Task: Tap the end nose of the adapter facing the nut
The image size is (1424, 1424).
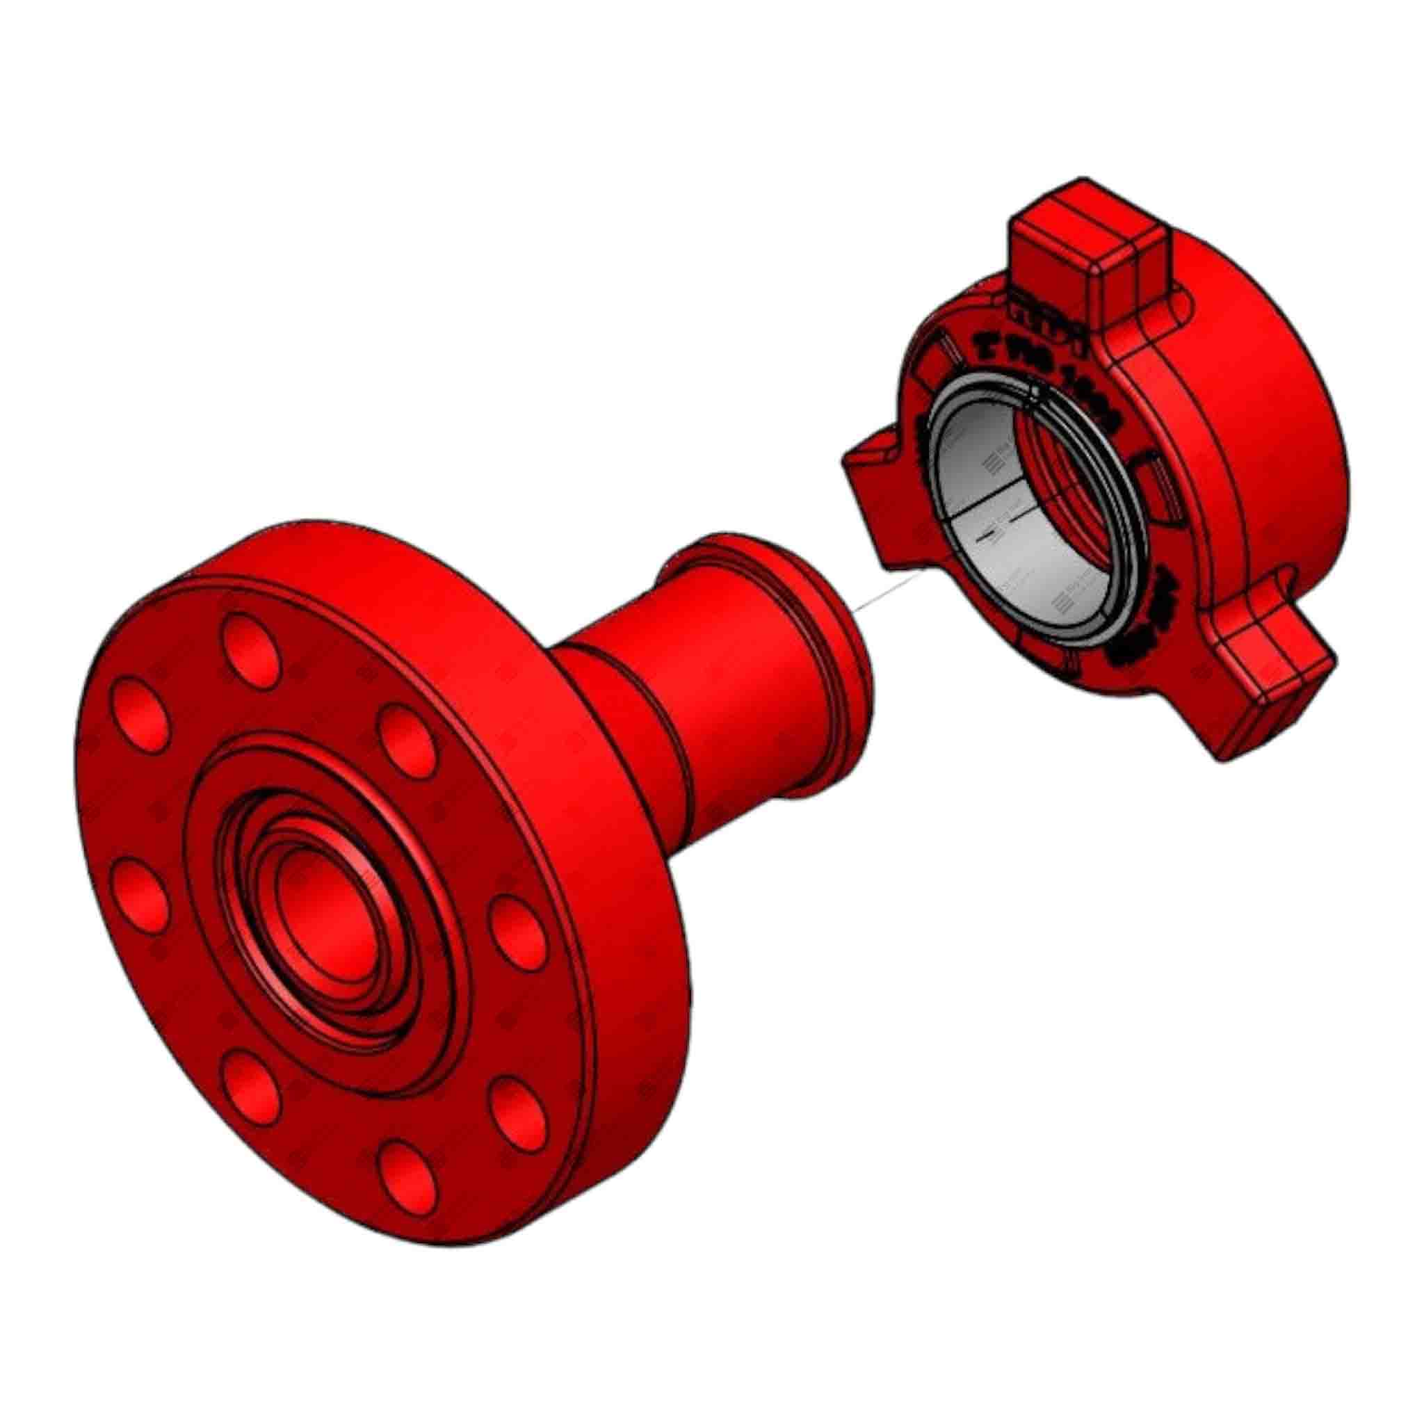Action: click(848, 663)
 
